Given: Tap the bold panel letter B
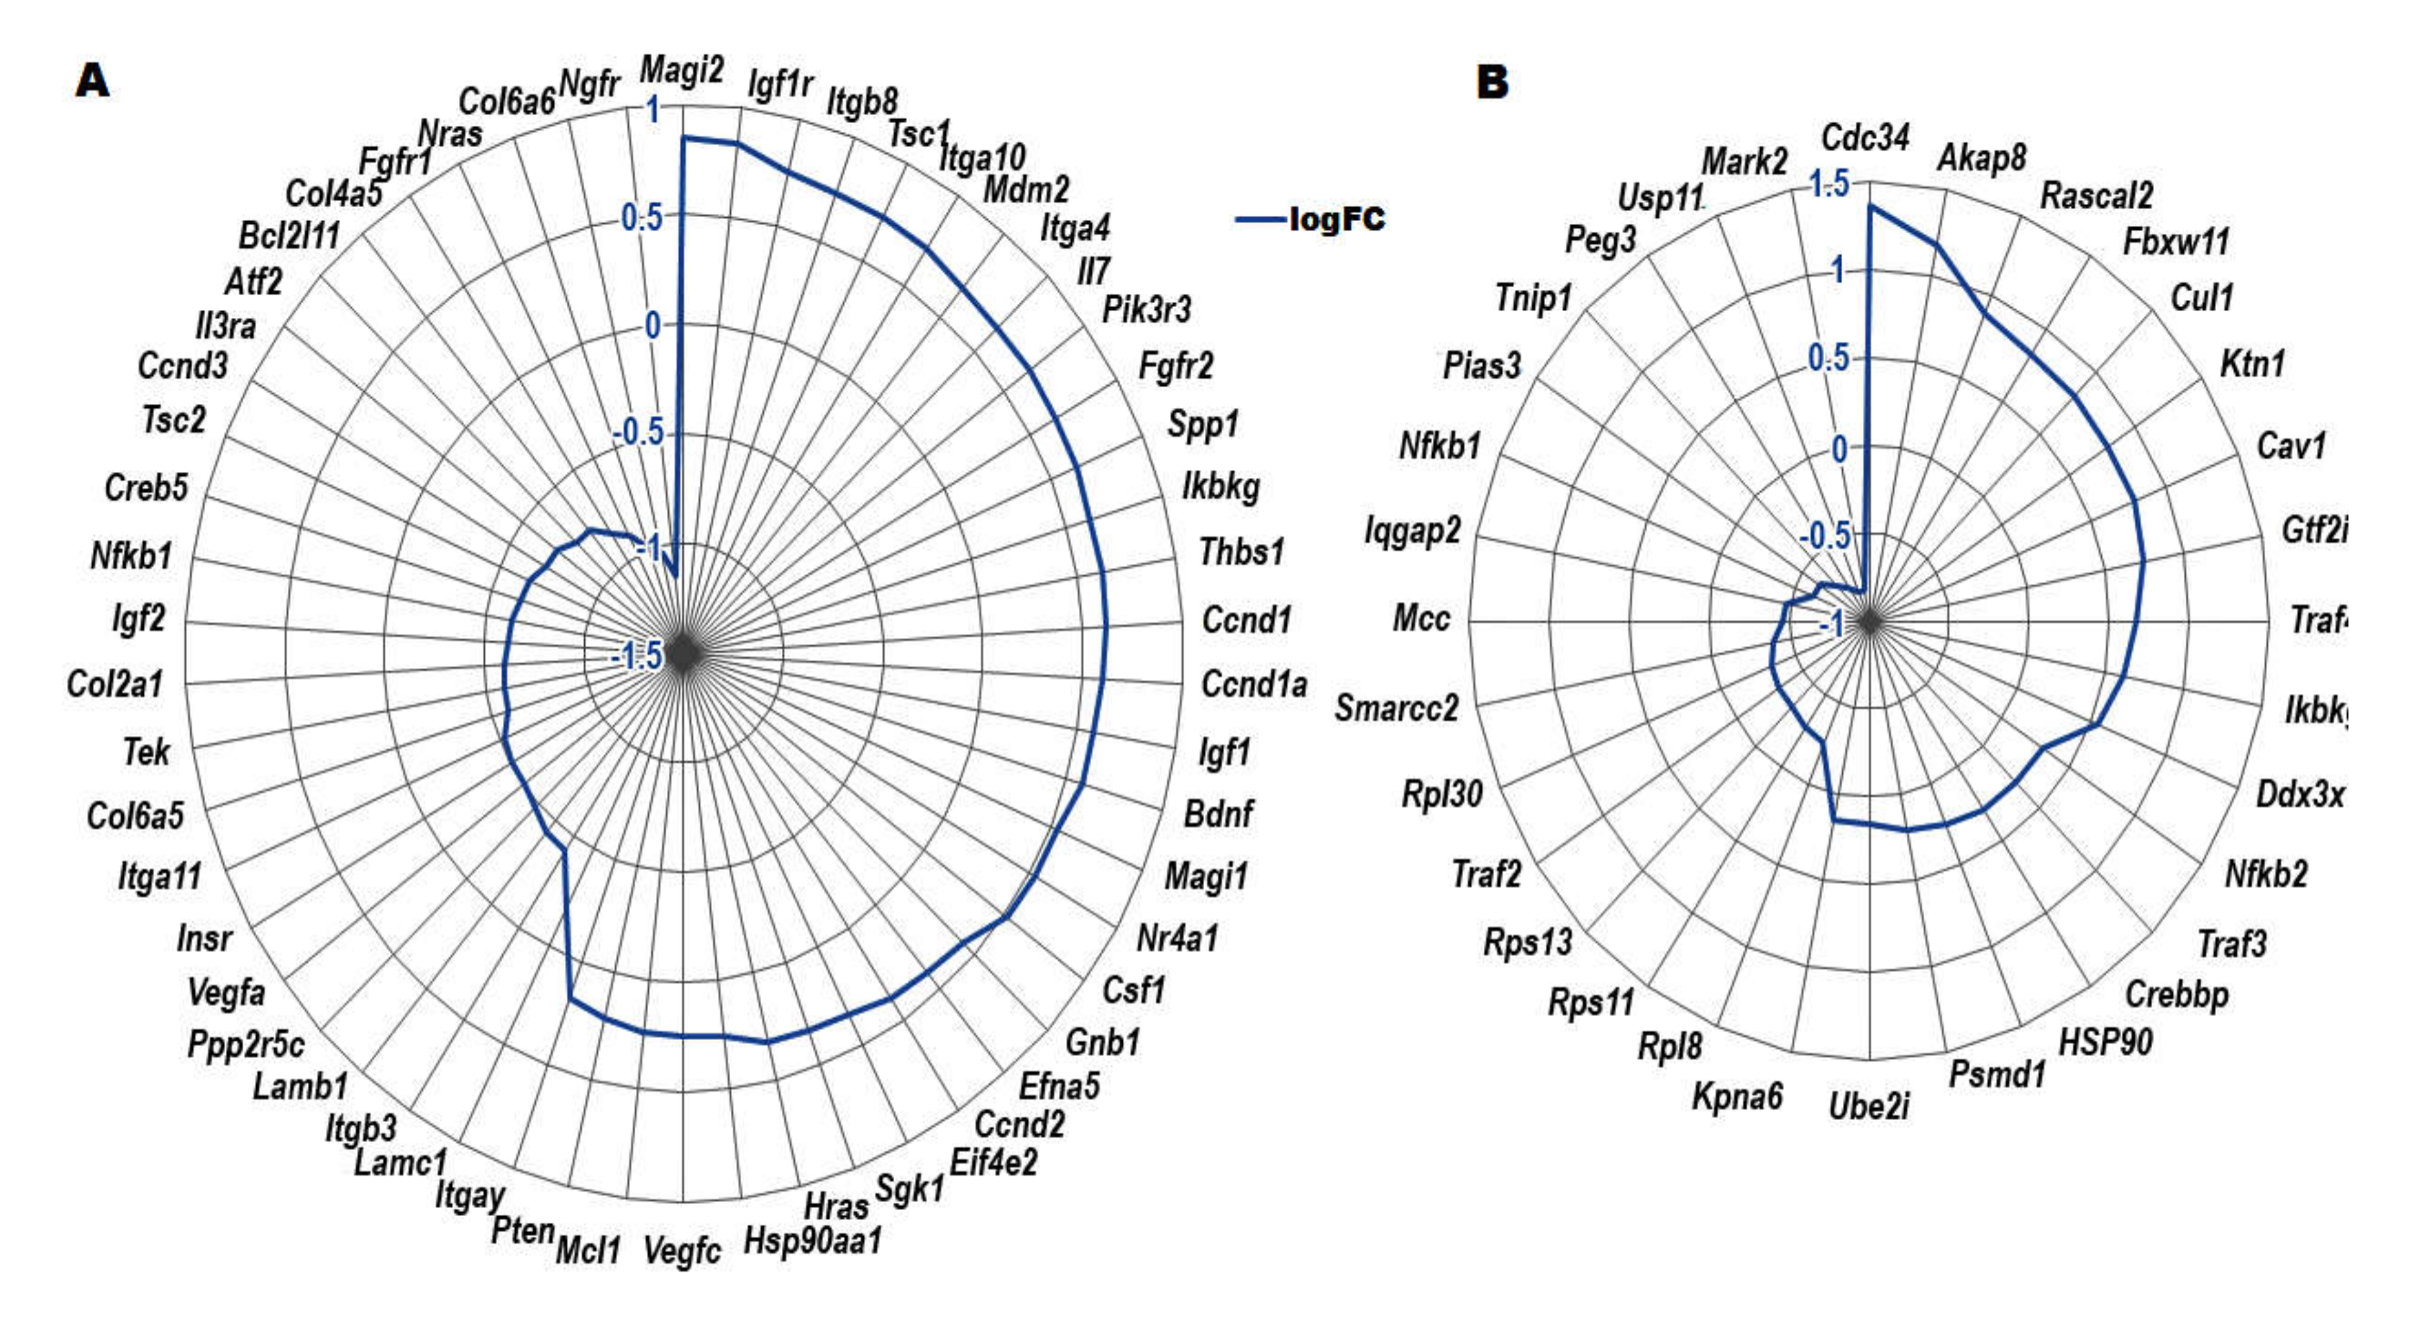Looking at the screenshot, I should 1492,83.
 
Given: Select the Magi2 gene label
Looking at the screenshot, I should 681,70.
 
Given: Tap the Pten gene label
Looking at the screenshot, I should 522,1231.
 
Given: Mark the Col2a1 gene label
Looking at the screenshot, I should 114,684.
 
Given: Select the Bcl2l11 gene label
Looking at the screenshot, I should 288,236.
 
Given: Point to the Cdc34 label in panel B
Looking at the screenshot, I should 1864,138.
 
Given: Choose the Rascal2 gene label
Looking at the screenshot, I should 2096,196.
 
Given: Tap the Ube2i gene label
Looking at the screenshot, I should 1868,1106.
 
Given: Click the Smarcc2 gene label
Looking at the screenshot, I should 1396,709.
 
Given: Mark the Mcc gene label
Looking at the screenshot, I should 1421,618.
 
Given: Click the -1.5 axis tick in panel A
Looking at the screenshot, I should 637,657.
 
